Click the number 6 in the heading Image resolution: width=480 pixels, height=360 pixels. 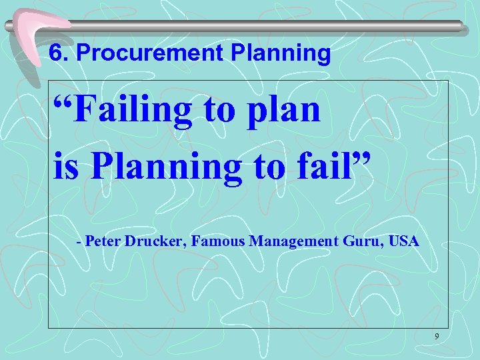(56, 53)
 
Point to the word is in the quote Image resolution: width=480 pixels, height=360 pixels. (65, 167)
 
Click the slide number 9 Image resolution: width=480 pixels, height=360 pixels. (436, 337)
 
